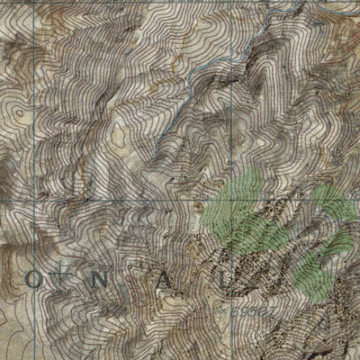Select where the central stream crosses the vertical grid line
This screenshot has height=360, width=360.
pos(235,54)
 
